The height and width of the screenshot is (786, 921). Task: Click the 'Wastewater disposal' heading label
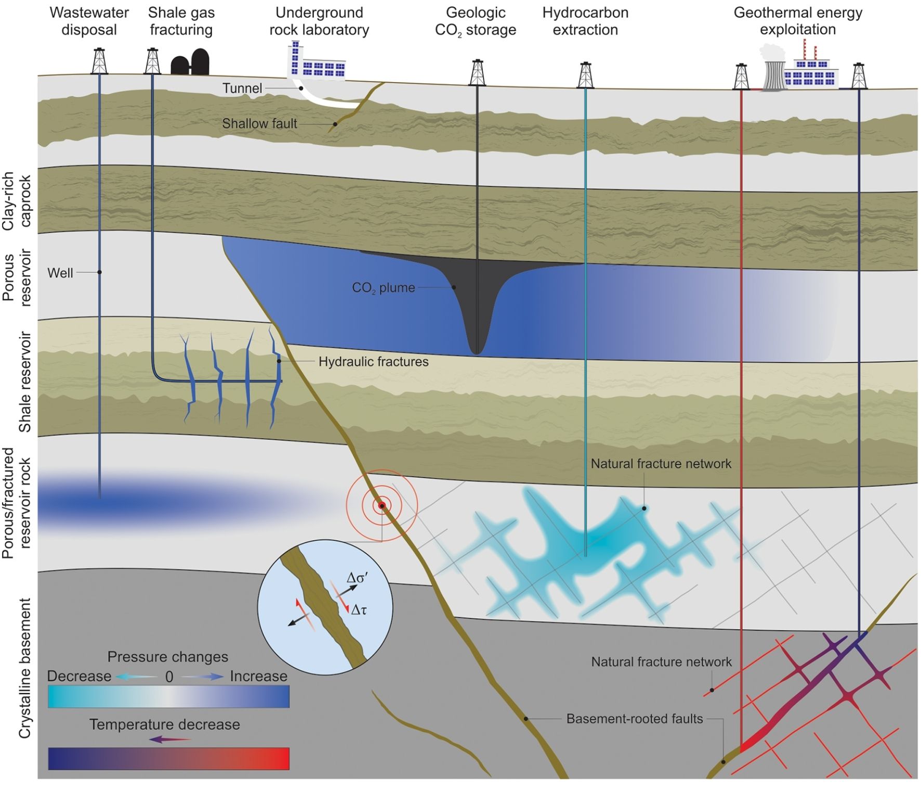tap(89, 21)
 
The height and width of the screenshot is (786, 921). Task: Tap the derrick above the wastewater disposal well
tap(99, 61)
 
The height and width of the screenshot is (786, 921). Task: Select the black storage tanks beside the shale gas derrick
tap(190, 63)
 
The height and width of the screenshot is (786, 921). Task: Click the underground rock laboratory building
tap(317, 62)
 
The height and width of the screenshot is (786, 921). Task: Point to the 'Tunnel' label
tap(242, 88)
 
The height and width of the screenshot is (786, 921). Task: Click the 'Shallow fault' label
tap(259, 124)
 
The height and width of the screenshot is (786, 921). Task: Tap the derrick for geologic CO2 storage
tap(477, 73)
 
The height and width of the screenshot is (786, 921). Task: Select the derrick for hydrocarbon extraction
tap(586, 75)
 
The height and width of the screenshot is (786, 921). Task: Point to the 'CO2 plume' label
tap(384, 288)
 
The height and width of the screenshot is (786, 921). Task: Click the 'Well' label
tap(60, 273)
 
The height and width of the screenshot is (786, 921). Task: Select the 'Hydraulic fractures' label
tap(373, 362)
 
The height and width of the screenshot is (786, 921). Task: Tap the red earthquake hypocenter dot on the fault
tap(382, 506)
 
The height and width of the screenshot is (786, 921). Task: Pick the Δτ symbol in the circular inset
tap(359, 610)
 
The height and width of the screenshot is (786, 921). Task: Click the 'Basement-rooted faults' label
tap(634, 719)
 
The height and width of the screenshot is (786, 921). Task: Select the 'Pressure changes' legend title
tap(167, 657)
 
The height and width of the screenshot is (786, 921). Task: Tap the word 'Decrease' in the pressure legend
tap(79, 676)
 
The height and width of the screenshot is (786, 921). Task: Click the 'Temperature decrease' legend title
tap(164, 725)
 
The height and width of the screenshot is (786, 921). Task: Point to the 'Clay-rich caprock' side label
tap(17, 202)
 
